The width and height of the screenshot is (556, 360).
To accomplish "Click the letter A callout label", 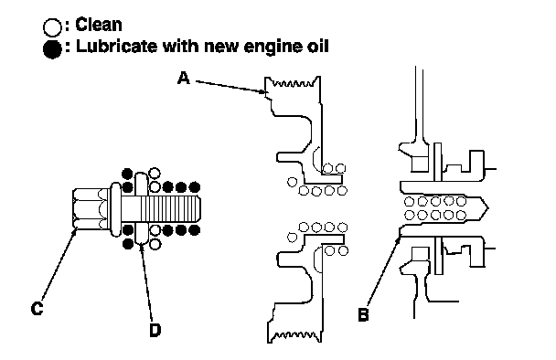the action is tap(183, 78).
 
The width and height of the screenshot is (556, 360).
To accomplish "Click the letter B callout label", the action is tap(363, 314).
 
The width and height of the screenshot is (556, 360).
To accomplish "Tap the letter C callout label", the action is tap(37, 308).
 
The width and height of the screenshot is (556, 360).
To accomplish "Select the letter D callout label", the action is tap(155, 330).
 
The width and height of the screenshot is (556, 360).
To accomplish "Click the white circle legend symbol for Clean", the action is tap(52, 27).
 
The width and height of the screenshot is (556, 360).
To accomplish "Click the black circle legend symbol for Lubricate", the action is tap(52, 49).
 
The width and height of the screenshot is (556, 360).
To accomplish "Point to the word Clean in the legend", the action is tap(99, 25).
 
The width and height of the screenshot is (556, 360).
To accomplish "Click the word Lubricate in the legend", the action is tap(117, 47).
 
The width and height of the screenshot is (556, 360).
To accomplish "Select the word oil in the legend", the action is tap(317, 47).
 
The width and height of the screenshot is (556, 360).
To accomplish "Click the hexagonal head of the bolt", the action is tap(91, 208).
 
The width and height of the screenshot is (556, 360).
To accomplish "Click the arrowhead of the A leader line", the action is tap(263, 92).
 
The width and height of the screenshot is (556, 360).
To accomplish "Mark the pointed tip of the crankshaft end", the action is tap(488, 208).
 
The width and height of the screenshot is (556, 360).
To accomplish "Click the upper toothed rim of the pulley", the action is tap(293, 84).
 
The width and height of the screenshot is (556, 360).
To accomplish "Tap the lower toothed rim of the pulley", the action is tap(294, 335).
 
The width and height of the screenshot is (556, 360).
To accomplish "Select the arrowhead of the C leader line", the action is tap(74, 232).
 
